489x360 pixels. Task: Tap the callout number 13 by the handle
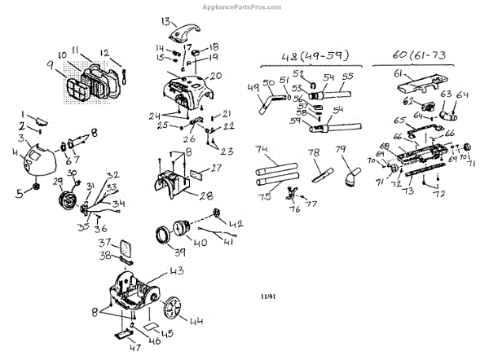(x=166, y=20)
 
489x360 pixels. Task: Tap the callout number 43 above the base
(x=175, y=271)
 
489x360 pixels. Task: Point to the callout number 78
(x=314, y=153)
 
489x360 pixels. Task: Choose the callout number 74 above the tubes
(x=262, y=150)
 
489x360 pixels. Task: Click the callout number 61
(x=399, y=74)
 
